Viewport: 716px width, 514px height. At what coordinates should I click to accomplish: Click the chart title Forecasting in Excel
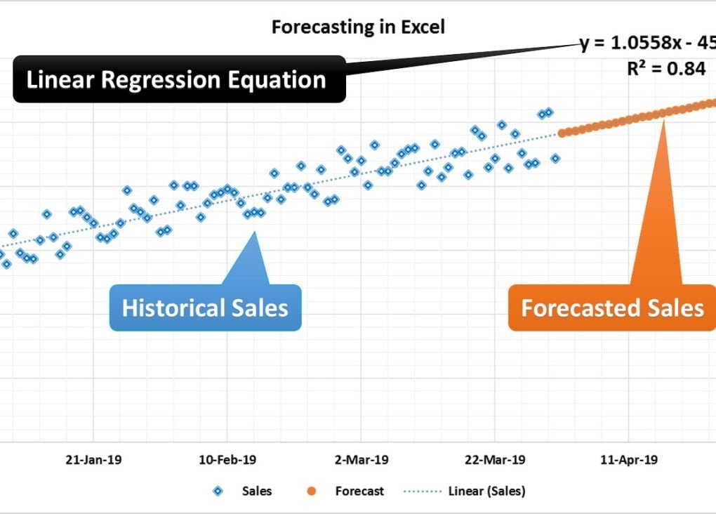tap(358, 27)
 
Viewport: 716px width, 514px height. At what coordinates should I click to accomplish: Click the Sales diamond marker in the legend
tap(218, 492)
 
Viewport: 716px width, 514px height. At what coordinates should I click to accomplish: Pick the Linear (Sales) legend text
tap(486, 492)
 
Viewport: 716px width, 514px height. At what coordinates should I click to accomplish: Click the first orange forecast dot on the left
tap(562, 132)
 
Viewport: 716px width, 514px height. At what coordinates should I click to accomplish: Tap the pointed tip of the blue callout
tap(255, 232)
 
